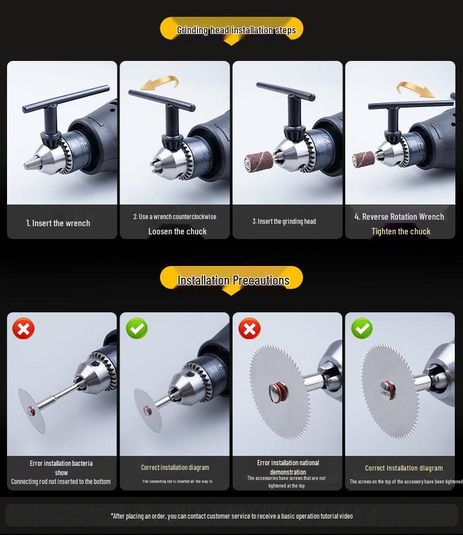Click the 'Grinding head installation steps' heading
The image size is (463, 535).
236,30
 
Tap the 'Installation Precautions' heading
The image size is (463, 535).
233,281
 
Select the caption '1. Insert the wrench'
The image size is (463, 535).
58,223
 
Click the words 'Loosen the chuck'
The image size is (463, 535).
178,231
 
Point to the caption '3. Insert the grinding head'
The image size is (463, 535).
284,222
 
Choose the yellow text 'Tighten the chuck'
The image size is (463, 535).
401,231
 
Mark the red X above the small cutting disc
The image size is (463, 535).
23,329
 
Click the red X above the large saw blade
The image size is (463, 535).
250,329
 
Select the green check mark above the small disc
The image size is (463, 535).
137,328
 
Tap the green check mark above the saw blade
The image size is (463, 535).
362,328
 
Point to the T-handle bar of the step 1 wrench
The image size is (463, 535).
66,99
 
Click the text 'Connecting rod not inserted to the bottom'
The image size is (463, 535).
61,482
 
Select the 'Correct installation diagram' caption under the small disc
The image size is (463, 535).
175,468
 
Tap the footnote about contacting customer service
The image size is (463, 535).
231,516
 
